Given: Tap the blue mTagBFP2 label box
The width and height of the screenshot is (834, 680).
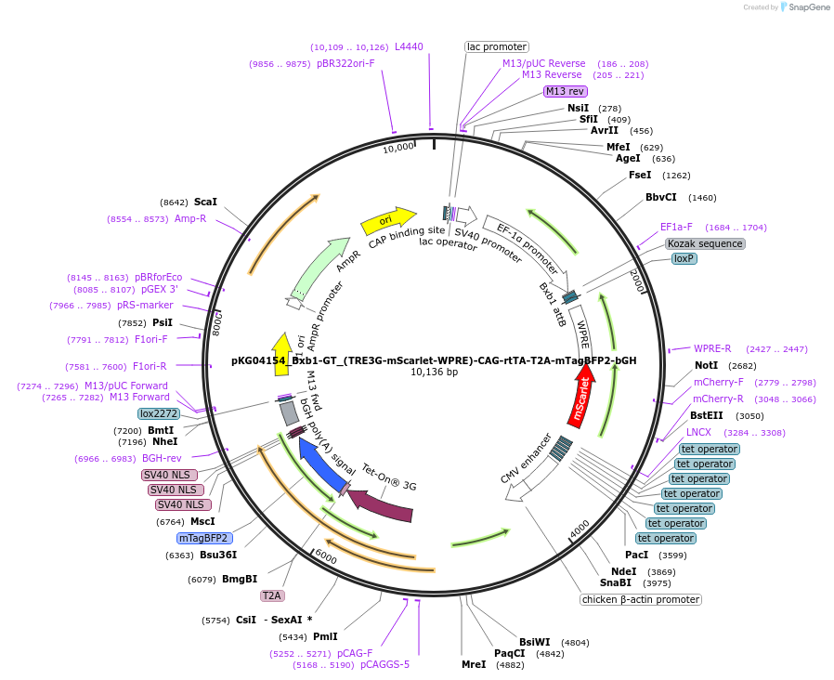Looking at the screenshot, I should coord(203,538).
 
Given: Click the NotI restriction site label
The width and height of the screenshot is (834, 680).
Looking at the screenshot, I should coord(706,365).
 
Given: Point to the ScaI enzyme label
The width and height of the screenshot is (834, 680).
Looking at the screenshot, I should coord(205,202).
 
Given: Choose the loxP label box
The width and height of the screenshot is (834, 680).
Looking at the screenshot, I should coord(684,258).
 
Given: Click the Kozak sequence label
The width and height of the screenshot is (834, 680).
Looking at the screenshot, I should coord(705,243).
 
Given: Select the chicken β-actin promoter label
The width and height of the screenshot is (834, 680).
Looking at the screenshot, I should coord(641,599).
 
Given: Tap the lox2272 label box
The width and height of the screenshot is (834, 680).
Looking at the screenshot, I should coord(159,413).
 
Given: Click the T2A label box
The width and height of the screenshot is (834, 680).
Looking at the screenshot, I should coord(272,595).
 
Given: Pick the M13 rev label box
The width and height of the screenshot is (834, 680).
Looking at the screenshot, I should coord(565,91).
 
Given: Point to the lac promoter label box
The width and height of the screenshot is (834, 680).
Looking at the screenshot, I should coord(496,46).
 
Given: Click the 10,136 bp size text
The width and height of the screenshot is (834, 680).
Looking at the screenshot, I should coord(435,373).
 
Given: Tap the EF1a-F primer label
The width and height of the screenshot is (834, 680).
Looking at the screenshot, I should coord(676,227).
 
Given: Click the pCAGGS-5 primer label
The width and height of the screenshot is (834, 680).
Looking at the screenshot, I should coord(384,664).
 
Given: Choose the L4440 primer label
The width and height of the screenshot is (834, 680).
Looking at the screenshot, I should coord(409,46).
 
